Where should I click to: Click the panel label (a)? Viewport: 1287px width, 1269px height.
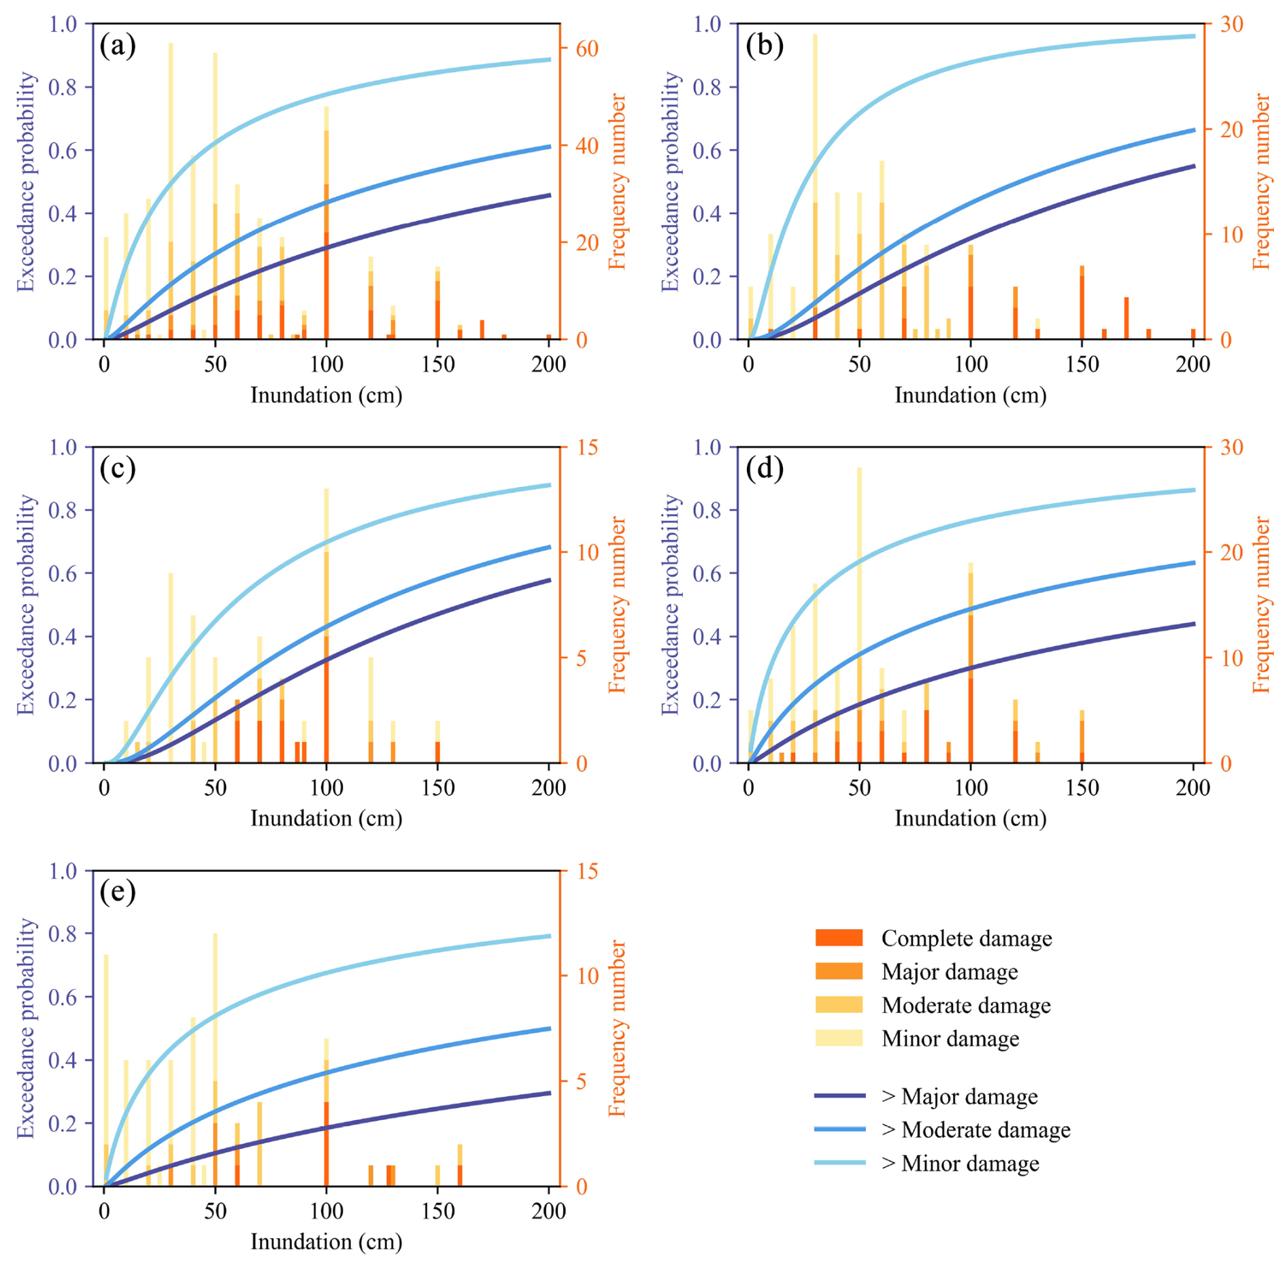(x=117, y=46)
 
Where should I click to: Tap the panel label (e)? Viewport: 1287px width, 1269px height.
(x=117, y=892)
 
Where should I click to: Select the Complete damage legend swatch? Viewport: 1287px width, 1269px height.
(x=838, y=938)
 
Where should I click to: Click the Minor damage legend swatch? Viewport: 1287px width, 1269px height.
(x=838, y=1038)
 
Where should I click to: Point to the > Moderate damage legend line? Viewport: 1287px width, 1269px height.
(x=839, y=1130)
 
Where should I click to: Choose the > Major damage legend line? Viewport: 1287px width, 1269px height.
(x=839, y=1096)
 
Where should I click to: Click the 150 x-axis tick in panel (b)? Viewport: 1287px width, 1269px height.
(x=1082, y=365)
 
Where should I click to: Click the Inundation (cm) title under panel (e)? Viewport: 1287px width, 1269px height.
(x=326, y=1241)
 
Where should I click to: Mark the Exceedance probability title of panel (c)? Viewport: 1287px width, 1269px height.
(x=26, y=605)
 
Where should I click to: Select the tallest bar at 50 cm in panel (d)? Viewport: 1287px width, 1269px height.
(x=859, y=615)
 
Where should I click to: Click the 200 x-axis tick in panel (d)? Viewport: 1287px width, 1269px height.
(x=1193, y=788)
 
